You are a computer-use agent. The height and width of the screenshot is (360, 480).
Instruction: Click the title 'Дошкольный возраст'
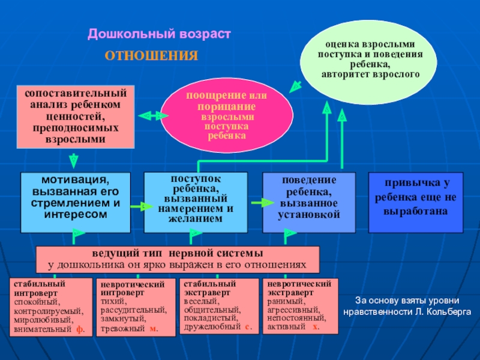click(x=159, y=35)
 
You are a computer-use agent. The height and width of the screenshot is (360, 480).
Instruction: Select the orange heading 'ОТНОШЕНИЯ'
click(x=151, y=56)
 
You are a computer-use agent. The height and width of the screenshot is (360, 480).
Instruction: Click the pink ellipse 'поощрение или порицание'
click(x=226, y=115)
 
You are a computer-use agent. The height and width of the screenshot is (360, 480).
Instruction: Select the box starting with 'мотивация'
click(x=76, y=202)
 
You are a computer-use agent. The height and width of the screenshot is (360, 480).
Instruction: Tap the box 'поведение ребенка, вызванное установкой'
click(x=309, y=202)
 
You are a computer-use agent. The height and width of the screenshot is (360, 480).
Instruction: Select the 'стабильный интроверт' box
click(x=51, y=307)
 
